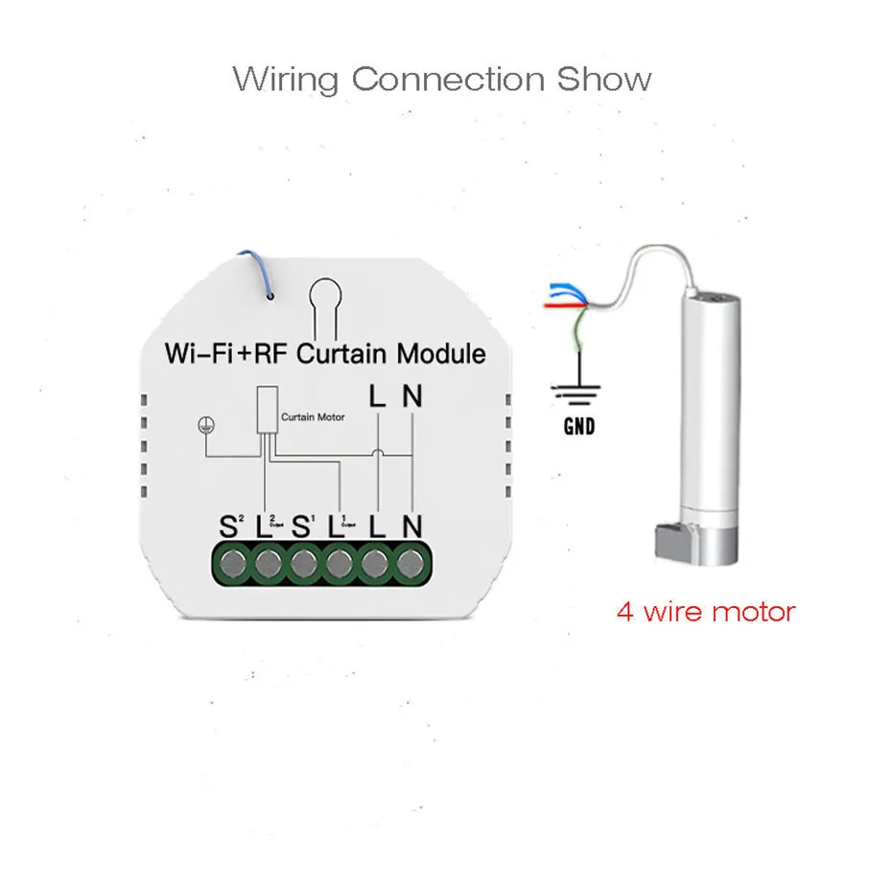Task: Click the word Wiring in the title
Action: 285,79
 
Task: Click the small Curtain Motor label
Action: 312,418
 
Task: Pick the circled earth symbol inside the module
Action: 203,425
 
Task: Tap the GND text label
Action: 578,426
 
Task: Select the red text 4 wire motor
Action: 705,610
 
